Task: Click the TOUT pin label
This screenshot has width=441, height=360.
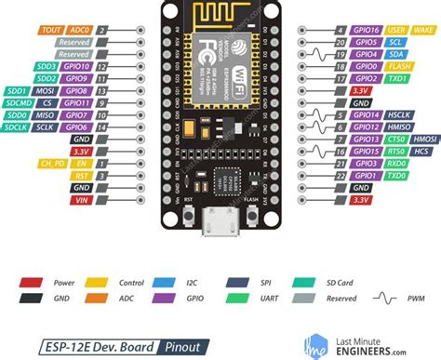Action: coord(50,29)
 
